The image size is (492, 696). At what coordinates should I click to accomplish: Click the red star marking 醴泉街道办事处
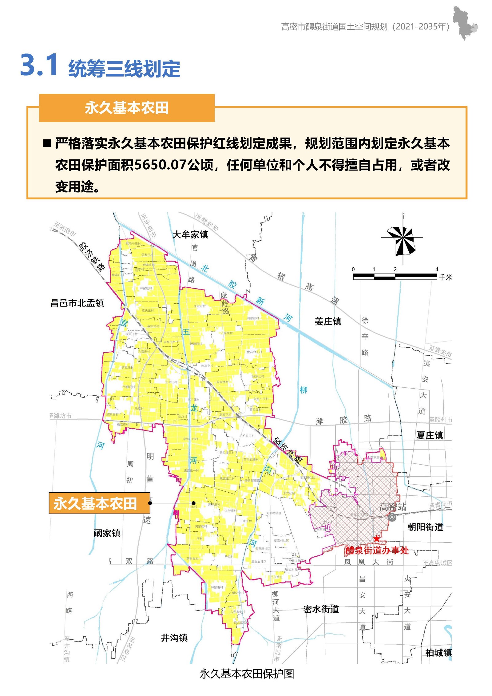click(376, 538)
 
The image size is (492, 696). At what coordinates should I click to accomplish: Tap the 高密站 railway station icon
click(392, 517)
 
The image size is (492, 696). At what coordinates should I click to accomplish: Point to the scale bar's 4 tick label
click(437, 269)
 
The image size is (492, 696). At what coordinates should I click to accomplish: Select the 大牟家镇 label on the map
click(190, 235)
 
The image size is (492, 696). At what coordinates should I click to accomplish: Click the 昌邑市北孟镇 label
click(77, 303)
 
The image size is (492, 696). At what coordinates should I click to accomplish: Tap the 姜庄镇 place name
click(328, 322)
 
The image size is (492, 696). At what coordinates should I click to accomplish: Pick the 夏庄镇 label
click(430, 435)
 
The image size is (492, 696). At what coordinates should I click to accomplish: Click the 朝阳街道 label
click(425, 527)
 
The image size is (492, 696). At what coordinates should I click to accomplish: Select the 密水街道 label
click(321, 609)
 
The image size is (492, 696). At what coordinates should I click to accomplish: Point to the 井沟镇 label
click(174, 638)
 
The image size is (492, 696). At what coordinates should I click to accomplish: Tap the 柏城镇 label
click(438, 652)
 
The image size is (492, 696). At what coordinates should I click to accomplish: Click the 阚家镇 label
click(107, 533)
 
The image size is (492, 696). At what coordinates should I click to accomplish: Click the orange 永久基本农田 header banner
click(127, 108)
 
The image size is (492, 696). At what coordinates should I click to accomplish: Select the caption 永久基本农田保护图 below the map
click(247, 674)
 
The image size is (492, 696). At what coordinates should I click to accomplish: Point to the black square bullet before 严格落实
click(47, 143)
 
